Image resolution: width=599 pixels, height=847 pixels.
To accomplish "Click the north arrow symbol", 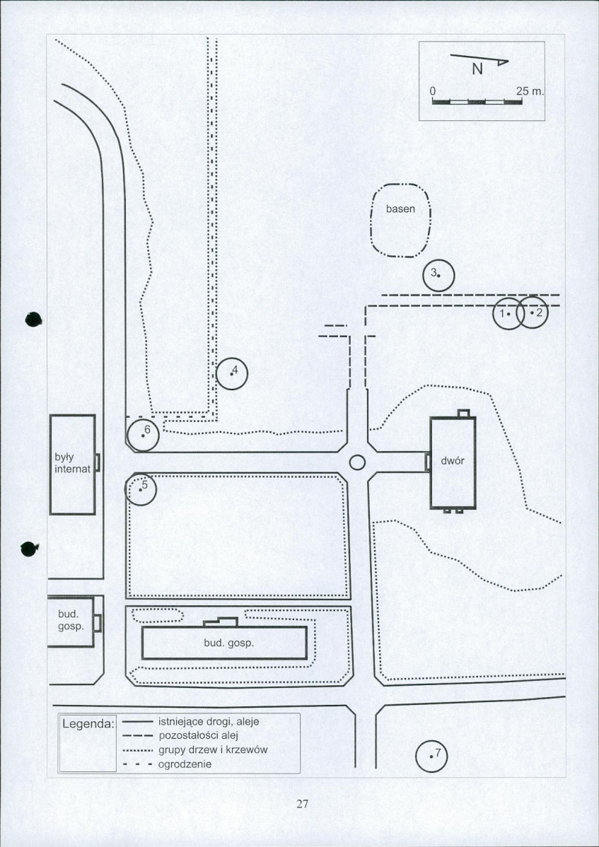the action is [x=479, y=60].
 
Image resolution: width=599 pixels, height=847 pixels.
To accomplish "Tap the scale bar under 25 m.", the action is [x=477, y=102].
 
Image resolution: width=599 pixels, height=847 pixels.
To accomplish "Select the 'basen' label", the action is [x=400, y=209].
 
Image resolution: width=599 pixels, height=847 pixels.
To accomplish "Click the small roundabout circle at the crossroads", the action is [x=357, y=462].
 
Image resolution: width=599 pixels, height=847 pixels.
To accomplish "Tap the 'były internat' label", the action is [x=72, y=464].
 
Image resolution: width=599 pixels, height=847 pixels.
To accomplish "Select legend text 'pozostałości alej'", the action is [x=198, y=736].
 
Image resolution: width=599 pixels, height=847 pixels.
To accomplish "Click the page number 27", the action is [x=302, y=803].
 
